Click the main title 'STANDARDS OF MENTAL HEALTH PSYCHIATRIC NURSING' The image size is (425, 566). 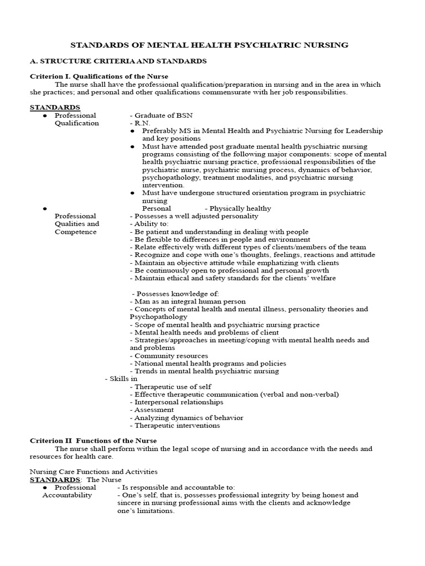click(212, 45)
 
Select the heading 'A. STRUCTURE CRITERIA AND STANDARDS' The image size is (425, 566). click(118, 61)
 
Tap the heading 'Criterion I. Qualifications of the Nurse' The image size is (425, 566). click(99, 76)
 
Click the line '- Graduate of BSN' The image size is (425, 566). click(158, 116)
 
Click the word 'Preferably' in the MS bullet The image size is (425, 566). click(159, 131)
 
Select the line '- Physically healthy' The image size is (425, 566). click(238, 208)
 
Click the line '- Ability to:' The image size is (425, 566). click(147, 224)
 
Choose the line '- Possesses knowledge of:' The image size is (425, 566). click(175, 294)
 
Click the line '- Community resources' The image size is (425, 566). click(169, 356)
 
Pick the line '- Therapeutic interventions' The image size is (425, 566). click(175, 426)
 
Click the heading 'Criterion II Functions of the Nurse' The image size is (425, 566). click(93, 441)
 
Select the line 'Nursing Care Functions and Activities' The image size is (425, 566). click(94, 472)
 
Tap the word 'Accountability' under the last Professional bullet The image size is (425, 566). click(67, 495)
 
